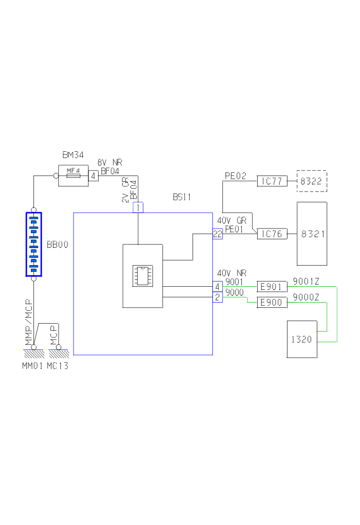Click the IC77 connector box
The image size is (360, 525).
coord(272,181)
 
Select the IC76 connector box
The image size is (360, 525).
coord(272,234)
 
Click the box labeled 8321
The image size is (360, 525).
coord(312,234)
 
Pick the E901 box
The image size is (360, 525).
coord(272,287)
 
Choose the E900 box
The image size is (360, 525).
coord(272,303)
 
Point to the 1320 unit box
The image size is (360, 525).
coord(302,339)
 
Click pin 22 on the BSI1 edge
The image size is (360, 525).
coord(218,234)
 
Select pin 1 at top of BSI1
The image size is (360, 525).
coord(138,207)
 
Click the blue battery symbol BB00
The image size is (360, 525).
coord(33,244)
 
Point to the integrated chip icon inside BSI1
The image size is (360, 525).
coord(142,275)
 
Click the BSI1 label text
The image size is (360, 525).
coord(182,197)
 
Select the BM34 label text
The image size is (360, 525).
coord(73,154)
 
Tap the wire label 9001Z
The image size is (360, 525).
coord(306,281)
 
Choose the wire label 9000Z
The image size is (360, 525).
coord(306,297)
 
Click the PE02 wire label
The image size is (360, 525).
coord(236,176)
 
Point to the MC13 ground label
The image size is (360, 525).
coord(58,366)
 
